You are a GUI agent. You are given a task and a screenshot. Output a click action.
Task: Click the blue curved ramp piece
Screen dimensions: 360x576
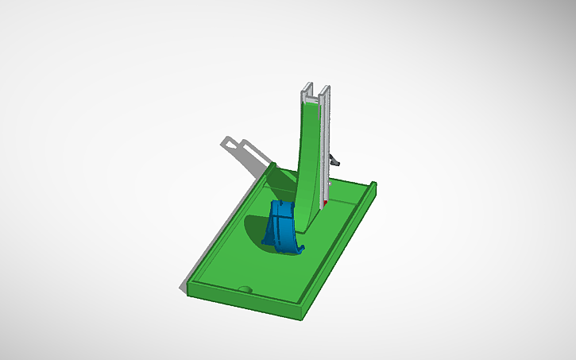[281, 226]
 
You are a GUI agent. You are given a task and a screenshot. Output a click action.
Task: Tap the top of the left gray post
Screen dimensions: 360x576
[306, 86]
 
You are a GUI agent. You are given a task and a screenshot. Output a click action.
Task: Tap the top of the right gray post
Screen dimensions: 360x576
[325, 87]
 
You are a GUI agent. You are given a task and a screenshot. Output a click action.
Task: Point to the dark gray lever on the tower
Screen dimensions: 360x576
[335, 161]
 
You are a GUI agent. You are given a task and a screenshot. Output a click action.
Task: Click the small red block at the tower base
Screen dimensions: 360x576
[326, 204]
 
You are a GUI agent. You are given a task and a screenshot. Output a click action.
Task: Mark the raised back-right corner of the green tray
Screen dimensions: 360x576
[373, 185]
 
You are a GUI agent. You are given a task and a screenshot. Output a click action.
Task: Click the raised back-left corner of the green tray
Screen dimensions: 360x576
[273, 165]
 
